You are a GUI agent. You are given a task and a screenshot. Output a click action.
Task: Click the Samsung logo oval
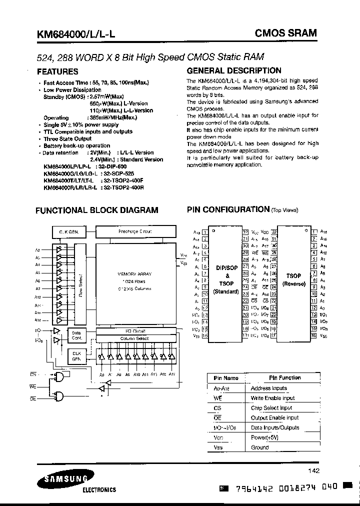coord(56,480)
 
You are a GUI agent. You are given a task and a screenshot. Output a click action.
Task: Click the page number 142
coord(313,470)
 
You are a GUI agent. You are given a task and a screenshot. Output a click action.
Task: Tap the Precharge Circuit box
coord(135,231)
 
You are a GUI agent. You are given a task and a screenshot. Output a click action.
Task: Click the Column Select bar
coord(134,338)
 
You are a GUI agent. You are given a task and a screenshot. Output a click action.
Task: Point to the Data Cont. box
coord(76,335)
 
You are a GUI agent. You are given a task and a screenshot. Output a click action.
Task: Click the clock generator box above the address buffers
coord(69,232)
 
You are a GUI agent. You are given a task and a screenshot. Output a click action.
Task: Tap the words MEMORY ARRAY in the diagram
coord(134,274)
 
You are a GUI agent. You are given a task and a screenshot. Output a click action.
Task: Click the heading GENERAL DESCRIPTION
coord(233,71)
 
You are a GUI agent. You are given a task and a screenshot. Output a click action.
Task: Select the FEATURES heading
coord(57,71)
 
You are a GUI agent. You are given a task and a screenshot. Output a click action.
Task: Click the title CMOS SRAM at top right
coord(286,33)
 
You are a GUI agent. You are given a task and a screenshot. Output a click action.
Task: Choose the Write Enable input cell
coord(272,398)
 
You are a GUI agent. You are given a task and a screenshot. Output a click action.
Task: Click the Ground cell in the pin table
coord(260,447)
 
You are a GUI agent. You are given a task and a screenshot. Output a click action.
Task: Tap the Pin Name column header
coord(226,378)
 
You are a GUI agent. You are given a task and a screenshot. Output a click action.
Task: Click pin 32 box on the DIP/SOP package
coord(245,232)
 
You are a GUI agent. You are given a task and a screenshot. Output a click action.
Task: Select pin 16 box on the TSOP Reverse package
coord(313,336)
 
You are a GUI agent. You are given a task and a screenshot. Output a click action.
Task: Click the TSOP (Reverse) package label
coord(293,279)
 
